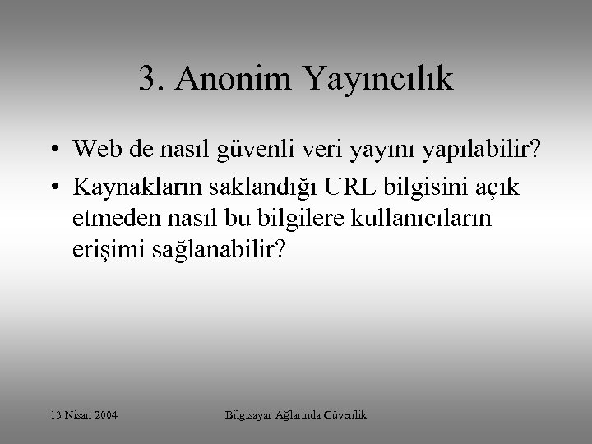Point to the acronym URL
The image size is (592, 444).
coord(349,187)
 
